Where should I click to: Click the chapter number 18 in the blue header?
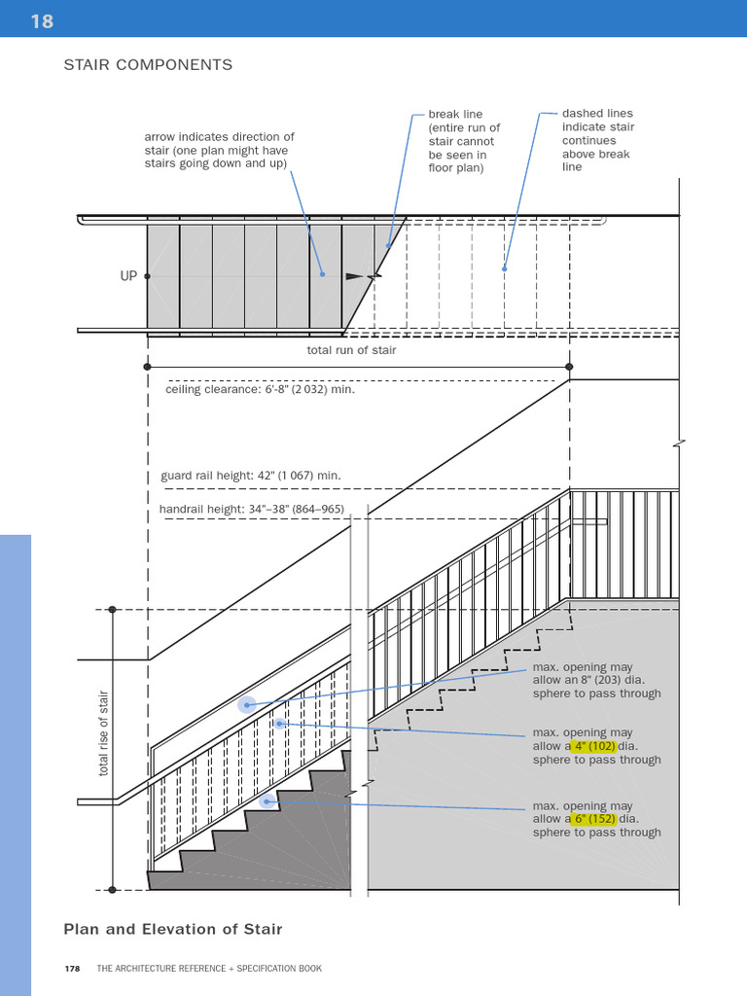[42, 19]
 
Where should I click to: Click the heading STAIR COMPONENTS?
[148, 65]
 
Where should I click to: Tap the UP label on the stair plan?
[128, 276]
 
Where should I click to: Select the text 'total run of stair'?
[351, 350]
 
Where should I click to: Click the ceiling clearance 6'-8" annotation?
[260, 389]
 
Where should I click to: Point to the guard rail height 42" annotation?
[250, 476]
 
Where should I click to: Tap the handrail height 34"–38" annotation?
[251, 509]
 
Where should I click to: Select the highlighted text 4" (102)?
[595, 746]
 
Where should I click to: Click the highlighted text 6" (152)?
[595, 819]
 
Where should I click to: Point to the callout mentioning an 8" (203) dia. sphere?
[596, 680]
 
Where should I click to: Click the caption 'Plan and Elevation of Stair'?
[173, 929]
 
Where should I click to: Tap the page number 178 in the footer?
[72, 969]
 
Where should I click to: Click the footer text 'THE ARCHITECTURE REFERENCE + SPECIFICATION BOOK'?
[209, 969]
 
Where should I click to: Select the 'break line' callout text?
[464, 141]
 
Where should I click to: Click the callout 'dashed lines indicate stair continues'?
[597, 140]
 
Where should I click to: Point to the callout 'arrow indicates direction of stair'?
[219, 150]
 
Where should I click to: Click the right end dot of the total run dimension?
[569, 367]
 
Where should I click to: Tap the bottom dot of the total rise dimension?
[112, 889]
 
